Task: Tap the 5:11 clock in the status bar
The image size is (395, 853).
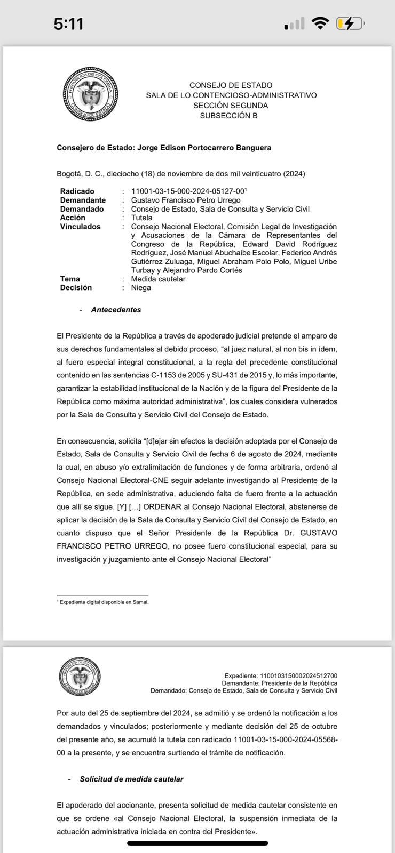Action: [x=68, y=24]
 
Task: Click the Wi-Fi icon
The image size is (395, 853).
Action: [x=320, y=23]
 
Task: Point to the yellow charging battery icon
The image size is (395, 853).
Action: [x=350, y=23]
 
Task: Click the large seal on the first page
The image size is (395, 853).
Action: [x=90, y=94]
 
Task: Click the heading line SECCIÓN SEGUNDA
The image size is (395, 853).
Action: [x=231, y=106]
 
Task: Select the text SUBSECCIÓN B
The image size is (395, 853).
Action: [x=228, y=116]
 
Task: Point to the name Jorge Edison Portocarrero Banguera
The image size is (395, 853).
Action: [x=204, y=148]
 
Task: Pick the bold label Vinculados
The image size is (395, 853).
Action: [x=80, y=227]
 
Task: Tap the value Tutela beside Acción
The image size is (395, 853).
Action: [x=141, y=218]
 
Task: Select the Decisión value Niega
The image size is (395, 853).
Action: [x=141, y=288]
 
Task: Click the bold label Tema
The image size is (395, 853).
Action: [x=70, y=279]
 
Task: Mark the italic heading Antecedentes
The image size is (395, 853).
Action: [x=116, y=310]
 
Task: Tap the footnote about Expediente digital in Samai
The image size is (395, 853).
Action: [x=104, y=602]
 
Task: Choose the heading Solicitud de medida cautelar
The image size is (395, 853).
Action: [x=131, y=779]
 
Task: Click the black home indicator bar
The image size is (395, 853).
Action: [x=197, y=843]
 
